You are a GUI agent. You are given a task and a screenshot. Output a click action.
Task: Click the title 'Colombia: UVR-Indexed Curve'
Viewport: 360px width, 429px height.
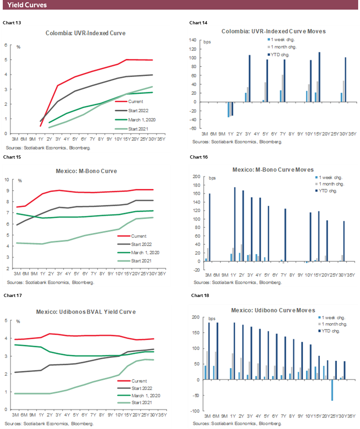coord(85,33)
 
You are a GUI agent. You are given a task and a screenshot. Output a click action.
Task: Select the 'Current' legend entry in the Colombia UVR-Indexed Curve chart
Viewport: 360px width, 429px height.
coord(136,101)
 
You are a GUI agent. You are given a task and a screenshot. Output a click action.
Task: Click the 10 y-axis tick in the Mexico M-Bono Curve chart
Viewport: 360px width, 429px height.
coord(7,180)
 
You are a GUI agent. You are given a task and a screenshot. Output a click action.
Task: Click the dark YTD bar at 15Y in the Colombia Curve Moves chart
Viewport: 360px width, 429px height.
coord(319,77)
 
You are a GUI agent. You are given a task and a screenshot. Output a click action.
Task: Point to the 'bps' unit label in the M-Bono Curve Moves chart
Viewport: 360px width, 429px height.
coord(212,178)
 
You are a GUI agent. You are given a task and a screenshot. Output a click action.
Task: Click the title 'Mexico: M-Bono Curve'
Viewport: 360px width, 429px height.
coord(85,171)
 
